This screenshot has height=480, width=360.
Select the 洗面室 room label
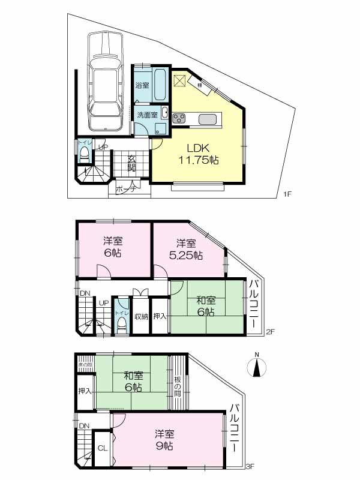[x=146, y=115]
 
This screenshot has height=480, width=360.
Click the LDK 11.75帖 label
[x=197, y=154]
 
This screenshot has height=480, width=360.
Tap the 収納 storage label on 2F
[x=141, y=317]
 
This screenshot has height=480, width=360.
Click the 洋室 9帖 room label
[x=164, y=440]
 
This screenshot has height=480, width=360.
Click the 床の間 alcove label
[x=85, y=364]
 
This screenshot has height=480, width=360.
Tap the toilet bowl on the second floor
[x=122, y=323]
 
